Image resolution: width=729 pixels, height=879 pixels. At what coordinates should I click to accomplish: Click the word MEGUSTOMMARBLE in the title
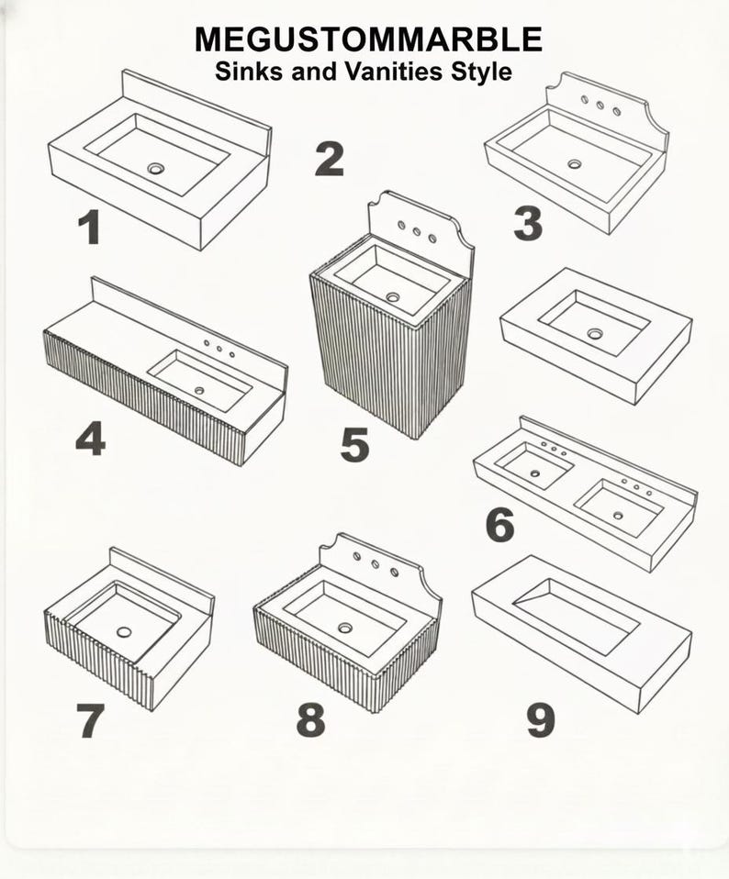point(368,39)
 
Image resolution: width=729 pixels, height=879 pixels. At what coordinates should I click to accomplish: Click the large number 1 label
point(90,227)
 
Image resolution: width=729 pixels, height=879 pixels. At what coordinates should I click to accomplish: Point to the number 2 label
point(330,160)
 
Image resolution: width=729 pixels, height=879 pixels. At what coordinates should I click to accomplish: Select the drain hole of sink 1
point(156,168)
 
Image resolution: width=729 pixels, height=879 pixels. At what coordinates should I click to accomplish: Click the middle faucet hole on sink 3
point(600,105)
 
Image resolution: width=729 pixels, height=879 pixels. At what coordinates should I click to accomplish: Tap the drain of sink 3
point(574,163)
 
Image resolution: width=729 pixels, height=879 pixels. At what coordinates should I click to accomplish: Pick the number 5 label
point(354,444)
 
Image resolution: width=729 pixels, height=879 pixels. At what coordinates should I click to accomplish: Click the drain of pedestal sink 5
point(392,296)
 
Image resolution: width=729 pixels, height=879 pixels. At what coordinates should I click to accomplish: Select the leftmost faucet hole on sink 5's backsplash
point(401,226)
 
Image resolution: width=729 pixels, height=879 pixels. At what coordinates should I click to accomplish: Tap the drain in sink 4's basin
point(199,390)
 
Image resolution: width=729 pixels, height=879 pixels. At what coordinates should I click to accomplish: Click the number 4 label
point(91,439)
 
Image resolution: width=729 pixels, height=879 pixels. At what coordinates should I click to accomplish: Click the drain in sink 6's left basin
point(534,473)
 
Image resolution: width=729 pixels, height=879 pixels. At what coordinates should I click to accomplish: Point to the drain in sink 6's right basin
point(617,515)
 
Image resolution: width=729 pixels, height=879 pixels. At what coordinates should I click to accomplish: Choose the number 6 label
point(499,525)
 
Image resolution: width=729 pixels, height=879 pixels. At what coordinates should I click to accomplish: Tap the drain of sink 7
point(124,632)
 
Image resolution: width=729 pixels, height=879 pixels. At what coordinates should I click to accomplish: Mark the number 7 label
point(90,720)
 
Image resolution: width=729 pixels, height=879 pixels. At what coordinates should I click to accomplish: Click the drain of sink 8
point(345,628)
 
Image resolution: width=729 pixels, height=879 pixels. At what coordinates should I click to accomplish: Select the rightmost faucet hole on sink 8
point(394,573)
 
